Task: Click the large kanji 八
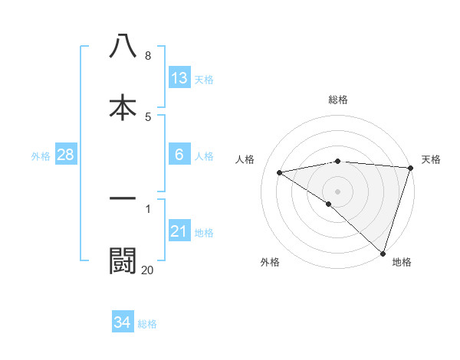[123, 46]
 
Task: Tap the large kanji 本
[123, 106]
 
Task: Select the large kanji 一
[123, 199]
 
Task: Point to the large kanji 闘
[123, 260]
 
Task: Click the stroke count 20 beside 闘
[147, 269]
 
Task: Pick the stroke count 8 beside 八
[148, 56]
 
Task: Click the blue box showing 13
[179, 78]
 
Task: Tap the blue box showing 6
[179, 155]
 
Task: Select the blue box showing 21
[179, 231]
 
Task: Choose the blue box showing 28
[66, 155]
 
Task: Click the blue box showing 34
[123, 322]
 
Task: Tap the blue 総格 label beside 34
[147, 324]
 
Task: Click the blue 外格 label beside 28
[41, 156]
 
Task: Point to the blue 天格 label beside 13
[203, 80]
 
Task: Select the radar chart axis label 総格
[338, 100]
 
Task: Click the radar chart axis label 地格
[402, 262]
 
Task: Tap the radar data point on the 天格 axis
[411, 168]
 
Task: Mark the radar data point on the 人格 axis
[280, 172]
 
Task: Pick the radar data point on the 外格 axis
[328, 204]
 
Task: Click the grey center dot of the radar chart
[338, 191]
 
